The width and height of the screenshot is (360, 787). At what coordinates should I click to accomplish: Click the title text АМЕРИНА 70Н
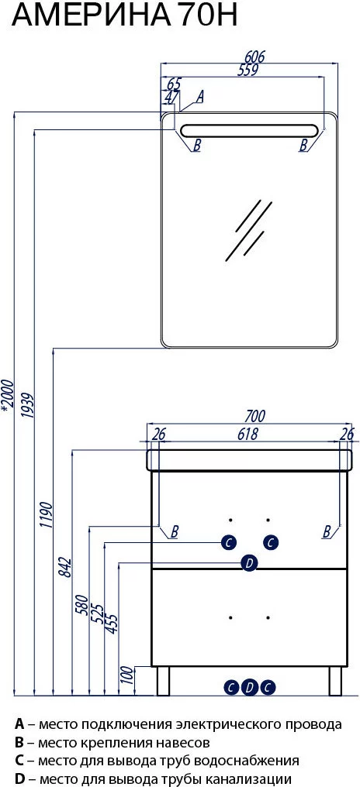click(124, 16)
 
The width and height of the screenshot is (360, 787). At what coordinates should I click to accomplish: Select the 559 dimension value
click(247, 70)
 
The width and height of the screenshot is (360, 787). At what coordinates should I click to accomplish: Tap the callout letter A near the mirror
click(199, 96)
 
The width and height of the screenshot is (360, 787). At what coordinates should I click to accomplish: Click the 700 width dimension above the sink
click(255, 416)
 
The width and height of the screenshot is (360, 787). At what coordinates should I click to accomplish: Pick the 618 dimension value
click(247, 434)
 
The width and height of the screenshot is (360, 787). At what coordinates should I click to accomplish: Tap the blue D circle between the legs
click(249, 687)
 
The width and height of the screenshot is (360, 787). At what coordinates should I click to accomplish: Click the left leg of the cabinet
click(164, 681)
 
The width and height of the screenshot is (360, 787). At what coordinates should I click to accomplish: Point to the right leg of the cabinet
click(335, 681)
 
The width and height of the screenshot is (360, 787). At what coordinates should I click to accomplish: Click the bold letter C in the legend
click(19, 761)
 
